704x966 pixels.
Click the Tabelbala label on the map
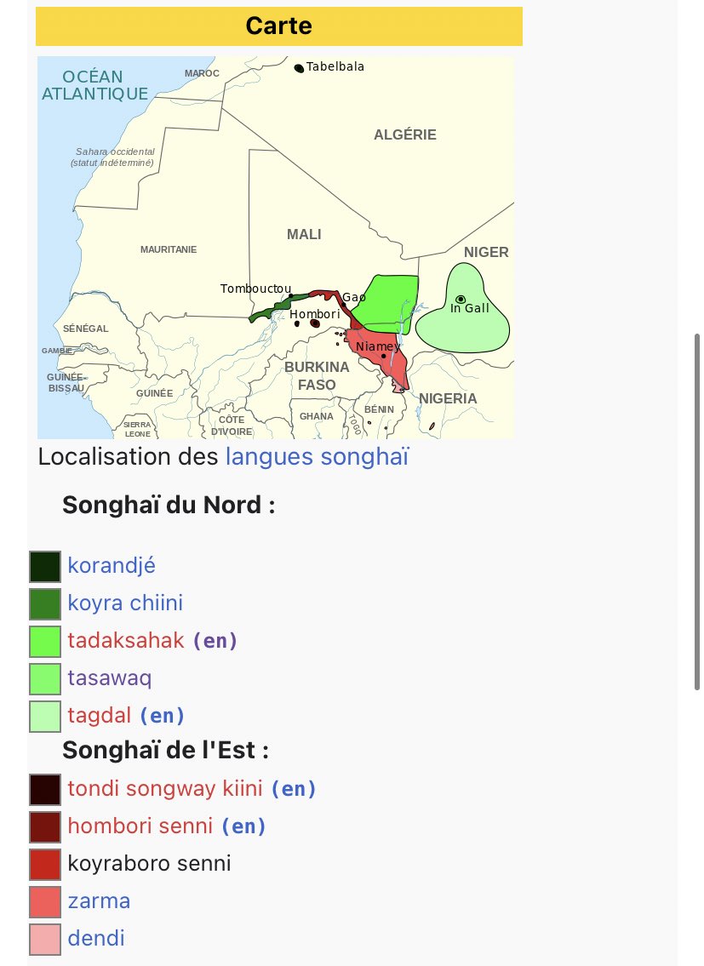(335, 67)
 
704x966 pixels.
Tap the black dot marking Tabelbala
(299, 67)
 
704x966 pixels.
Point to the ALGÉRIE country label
(405, 134)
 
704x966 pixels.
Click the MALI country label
(304, 234)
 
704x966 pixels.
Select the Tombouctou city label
(256, 289)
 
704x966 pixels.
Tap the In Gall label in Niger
(470, 308)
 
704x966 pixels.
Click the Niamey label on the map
(378, 346)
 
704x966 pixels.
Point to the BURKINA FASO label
(317, 375)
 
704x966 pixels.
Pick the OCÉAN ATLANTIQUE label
(94, 85)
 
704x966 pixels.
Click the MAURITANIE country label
(169, 249)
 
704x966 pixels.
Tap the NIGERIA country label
(448, 398)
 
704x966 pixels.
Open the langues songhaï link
(317, 457)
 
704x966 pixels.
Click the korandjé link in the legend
(112, 566)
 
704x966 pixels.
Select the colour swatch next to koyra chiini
(45, 603)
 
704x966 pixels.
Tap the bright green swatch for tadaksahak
(45, 641)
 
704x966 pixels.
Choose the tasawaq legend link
(110, 678)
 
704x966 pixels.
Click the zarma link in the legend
(99, 900)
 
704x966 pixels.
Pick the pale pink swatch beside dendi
(45, 939)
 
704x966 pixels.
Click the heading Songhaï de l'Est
(165, 752)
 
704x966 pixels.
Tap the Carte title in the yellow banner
(278, 26)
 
